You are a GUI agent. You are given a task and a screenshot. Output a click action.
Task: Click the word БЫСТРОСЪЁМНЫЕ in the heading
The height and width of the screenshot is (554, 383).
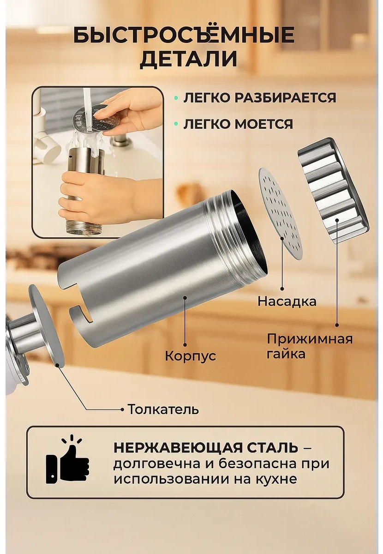coord(184,35)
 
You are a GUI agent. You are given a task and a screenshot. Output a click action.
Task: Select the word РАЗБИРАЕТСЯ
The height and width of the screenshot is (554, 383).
coord(285,98)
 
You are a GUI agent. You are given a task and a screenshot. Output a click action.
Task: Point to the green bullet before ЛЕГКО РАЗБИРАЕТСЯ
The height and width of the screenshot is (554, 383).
coord(176,98)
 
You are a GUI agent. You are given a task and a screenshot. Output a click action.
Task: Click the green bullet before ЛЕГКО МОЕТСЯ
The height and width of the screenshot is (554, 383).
coord(176,124)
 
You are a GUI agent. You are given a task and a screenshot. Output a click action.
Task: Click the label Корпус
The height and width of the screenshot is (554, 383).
coord(191,356)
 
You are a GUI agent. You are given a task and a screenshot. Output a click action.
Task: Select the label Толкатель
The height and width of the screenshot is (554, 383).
coord(163,409)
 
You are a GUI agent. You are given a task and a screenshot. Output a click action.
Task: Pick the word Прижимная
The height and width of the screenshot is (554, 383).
coord(310,339)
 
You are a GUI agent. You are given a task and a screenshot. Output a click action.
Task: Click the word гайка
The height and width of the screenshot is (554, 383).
coord(286,355)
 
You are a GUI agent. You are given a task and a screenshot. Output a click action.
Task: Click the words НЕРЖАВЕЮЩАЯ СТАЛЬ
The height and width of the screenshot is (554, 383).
coord(206,448)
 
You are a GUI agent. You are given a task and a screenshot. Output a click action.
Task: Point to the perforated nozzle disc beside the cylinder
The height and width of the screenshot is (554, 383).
coord(281,214)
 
